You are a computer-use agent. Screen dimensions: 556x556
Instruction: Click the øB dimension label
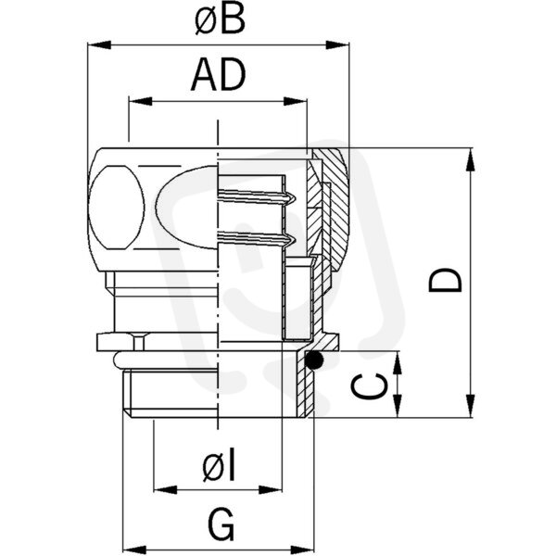coord(220,19)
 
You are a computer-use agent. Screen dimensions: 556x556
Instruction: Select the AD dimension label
coord(219,75)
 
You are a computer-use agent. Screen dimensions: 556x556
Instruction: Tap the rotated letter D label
coord(446,280)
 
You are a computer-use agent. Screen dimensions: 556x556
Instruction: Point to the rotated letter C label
coord(368,386)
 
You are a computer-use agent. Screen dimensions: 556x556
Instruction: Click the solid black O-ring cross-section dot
coord(314,360)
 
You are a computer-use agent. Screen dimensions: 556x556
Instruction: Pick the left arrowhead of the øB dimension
coord(99,45)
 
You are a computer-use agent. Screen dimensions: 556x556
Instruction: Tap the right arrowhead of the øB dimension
coord(337,45)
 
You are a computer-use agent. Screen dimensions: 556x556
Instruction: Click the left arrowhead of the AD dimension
coord(141,101)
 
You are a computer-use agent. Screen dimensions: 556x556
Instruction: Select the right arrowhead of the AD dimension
coord(295,101)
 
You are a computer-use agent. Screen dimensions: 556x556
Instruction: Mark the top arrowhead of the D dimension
coord(471,159)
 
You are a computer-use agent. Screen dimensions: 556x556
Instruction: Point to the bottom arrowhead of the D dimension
coord(471,405)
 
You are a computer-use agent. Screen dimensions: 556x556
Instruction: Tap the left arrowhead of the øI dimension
coord(165,489)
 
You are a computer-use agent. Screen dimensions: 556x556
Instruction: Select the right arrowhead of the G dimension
coord(302,550)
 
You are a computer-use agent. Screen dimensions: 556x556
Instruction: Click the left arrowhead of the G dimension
coord(135,550)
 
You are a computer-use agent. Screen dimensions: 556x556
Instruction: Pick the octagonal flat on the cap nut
coord(117,208)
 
